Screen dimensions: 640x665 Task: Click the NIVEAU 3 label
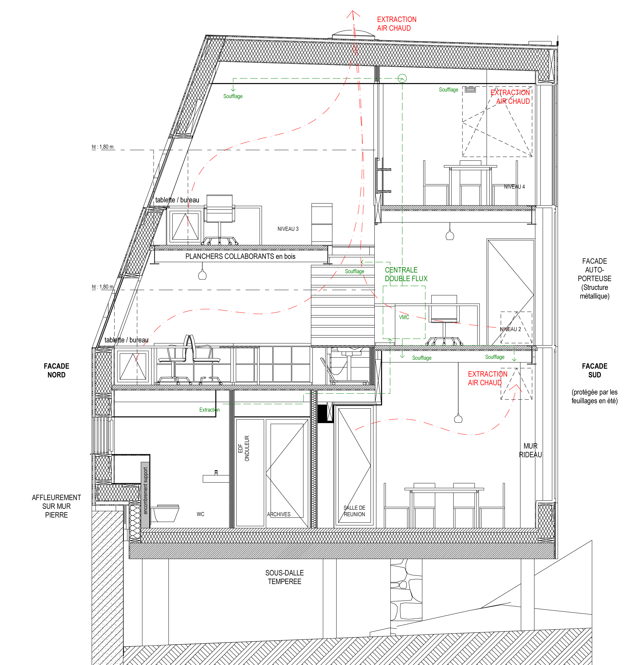tap(288, 229)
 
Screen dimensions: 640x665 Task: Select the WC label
tap(201, 514)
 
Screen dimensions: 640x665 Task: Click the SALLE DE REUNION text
tap(354, 511)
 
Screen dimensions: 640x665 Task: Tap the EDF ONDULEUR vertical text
tap(244, 448)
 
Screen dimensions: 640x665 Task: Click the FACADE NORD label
tap(56, 370)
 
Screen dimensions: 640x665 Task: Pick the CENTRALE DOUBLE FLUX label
tap(406, 274)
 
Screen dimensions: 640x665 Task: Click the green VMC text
tap(404, 317)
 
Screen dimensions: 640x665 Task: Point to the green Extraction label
tap(209, 410)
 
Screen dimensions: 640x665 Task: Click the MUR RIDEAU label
tap(530, 450)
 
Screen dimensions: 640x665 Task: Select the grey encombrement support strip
tap(145, 495)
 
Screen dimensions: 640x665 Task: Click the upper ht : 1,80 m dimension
tap(102, 147)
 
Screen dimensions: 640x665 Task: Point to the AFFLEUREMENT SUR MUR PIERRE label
tap(56, 506)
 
